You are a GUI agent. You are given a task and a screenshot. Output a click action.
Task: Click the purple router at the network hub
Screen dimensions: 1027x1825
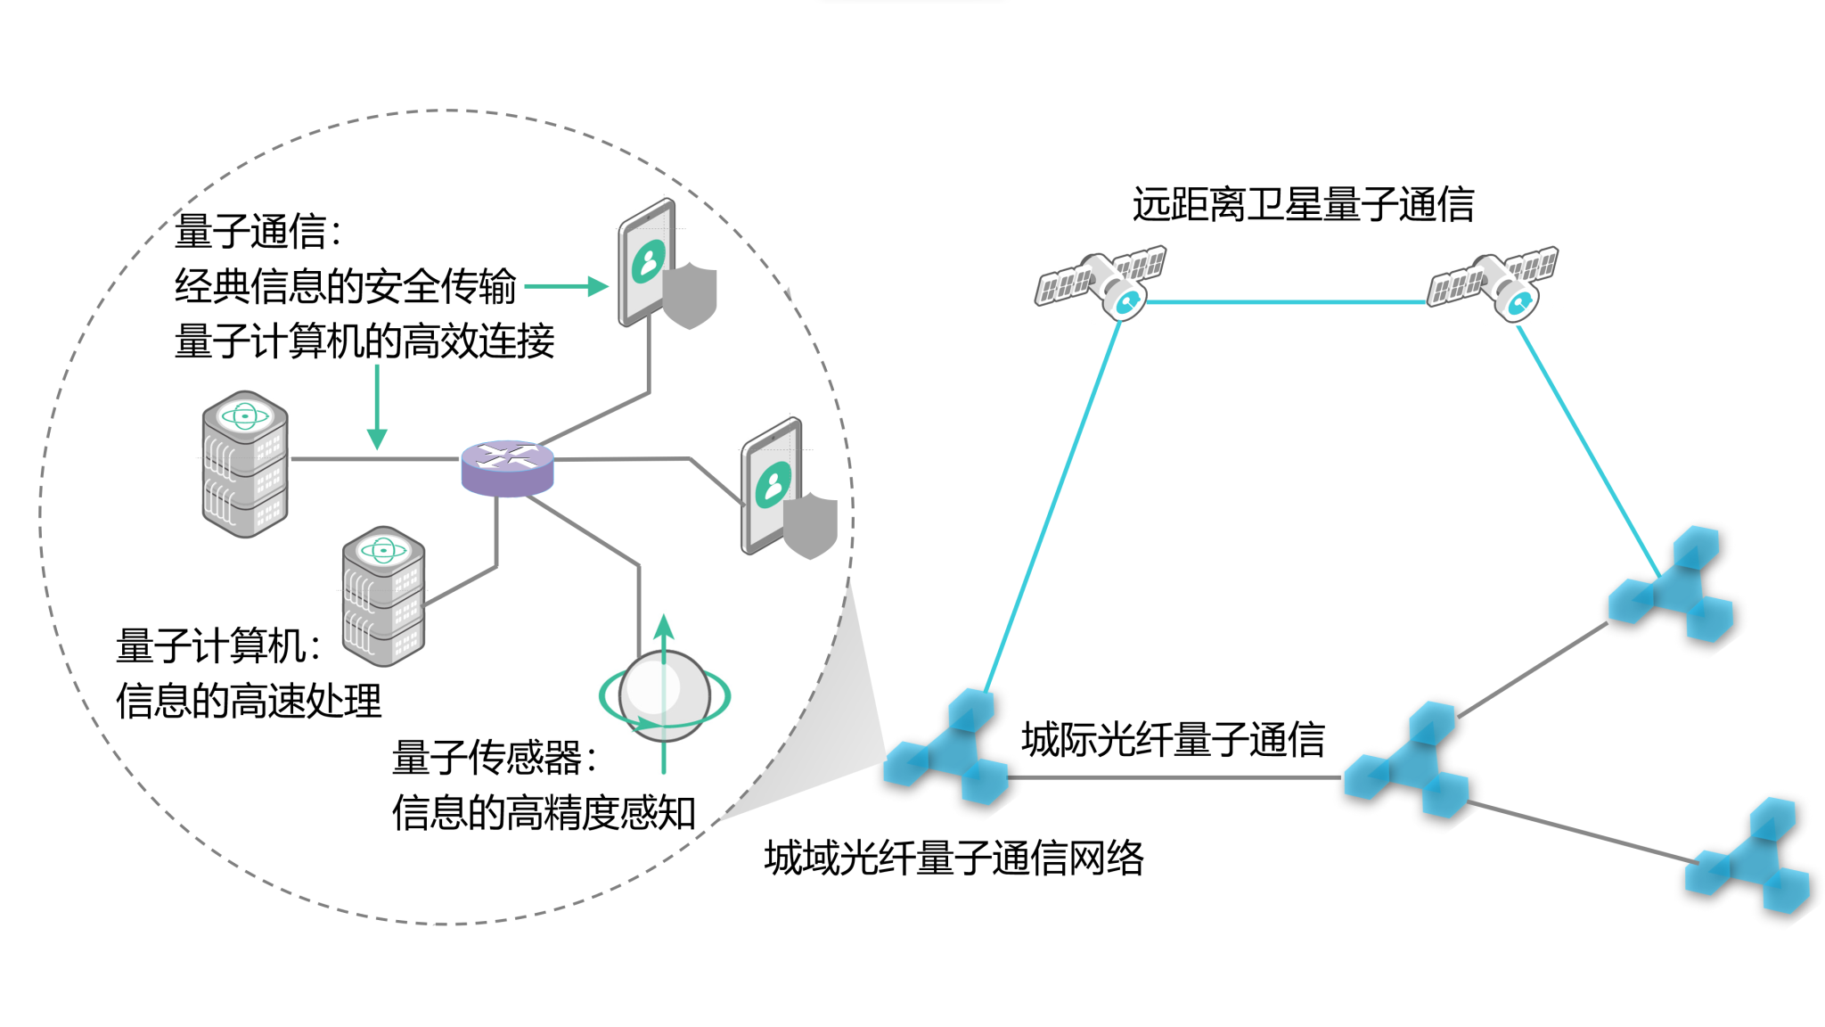tap(507, 467)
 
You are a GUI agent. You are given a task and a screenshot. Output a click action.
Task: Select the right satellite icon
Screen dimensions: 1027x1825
tap(1494, 281)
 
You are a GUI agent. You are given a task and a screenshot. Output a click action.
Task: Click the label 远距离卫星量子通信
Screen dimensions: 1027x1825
tap(1303, 204)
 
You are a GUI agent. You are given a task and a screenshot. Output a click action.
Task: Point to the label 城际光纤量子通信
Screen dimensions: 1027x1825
tap(1173, 739)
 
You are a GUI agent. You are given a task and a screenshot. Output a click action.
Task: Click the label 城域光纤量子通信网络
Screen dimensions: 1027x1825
tap(953, 858)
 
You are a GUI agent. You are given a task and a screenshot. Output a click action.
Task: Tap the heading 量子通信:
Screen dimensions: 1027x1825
tap(258, 232)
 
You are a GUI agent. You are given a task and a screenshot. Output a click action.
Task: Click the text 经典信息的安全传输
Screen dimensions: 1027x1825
tap(345, 286)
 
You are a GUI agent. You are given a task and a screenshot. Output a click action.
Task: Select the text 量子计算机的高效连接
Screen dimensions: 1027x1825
tap(364, 341)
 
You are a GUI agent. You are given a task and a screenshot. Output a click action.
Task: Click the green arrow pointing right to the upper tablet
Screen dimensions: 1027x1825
tap(566, 286)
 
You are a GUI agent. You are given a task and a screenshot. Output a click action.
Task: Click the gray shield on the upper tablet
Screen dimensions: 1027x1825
tap(690, 295)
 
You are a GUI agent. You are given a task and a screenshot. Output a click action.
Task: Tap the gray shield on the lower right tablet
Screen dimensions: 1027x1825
tap(810, 525)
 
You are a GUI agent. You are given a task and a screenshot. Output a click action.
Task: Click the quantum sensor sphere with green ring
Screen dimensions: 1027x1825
tap(663, 694)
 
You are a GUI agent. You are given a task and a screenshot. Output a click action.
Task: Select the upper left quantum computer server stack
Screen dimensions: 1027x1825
tap(245, 464)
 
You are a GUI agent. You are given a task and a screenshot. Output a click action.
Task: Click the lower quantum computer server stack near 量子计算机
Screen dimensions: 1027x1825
tap(383, 596)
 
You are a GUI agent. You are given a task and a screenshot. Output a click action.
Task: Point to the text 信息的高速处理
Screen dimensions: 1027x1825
tap(249, 701)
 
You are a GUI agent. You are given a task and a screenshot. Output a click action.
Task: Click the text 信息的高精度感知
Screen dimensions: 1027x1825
tap(544, 812)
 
